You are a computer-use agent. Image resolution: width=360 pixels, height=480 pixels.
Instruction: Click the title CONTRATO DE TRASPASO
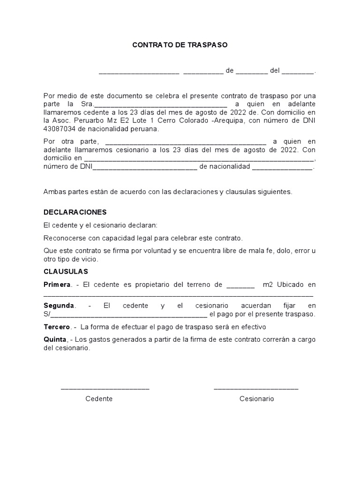coord(180,45)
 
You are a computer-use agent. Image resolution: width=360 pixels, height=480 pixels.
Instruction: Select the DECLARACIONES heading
coord(75,212)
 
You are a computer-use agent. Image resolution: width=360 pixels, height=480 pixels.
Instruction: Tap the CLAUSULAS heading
coord(66,271)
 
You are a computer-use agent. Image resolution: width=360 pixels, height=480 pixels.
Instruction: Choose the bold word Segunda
coord(59,305)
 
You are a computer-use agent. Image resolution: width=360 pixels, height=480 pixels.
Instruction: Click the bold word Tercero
coord(57,327)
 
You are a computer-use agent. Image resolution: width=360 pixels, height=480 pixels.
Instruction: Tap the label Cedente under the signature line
coord(99,399)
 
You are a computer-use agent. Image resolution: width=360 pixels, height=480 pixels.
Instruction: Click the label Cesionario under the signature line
coord(256,399)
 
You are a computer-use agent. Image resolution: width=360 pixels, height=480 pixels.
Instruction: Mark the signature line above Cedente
coord(105,388)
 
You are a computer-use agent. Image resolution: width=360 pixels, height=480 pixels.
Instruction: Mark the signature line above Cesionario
coord(256,388)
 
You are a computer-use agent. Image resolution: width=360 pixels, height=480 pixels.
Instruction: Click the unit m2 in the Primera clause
coord(268,285)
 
